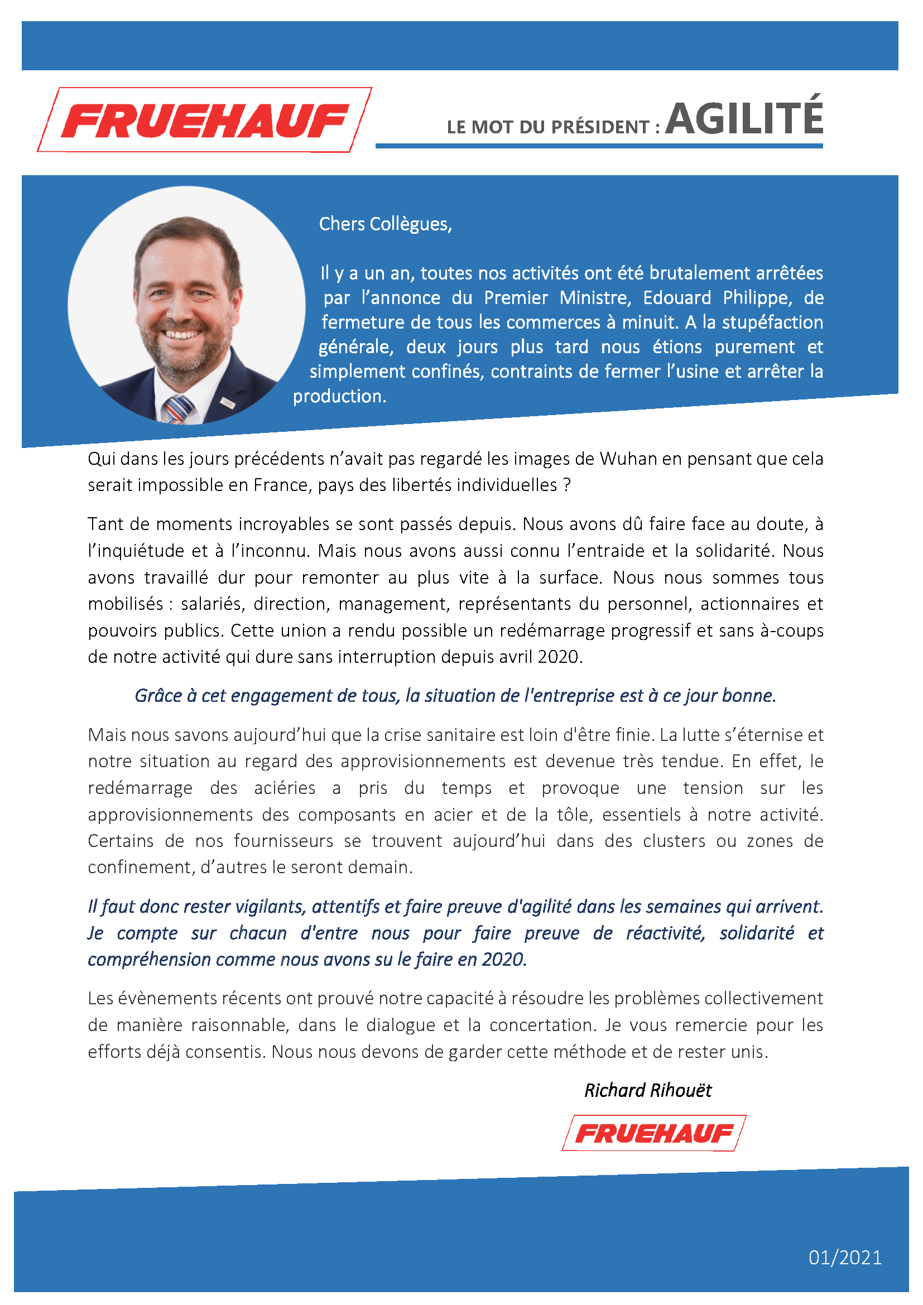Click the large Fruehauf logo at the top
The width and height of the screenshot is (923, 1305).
coord(205,120)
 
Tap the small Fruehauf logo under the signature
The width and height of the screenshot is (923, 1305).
coord(653,1133)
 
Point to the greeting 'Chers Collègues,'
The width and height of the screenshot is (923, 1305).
coord(386,224)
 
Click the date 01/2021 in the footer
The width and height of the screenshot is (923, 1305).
coord(844,1257)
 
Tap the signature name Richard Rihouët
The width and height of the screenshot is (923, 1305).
coord(647,1090)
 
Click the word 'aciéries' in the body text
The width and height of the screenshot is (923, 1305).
coord(285,788)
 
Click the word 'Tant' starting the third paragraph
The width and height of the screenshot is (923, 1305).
coord(105,524)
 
